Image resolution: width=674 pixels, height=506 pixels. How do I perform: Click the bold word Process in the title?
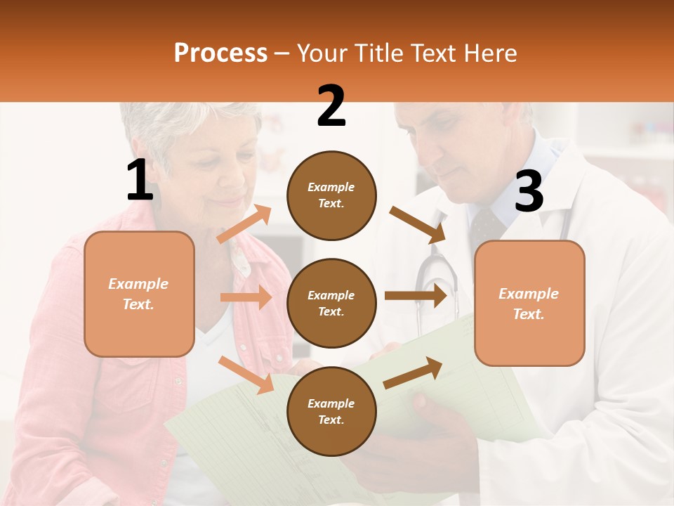click(220, 53)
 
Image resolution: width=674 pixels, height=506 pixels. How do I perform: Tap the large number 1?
click(140, 181)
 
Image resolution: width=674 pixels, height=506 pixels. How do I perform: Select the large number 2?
click(331, 106)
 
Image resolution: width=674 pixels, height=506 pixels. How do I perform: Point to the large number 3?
click(529, 192)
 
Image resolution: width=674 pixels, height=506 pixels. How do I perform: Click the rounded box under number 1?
click(139, 294)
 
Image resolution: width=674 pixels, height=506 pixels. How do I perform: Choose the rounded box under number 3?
click(529, 304)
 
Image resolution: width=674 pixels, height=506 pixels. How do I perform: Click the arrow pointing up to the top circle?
click(244, 224)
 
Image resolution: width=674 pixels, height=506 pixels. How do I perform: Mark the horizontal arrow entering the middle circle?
click(246, 297)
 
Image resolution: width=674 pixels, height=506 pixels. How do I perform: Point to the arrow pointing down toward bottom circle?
click(246, 374)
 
